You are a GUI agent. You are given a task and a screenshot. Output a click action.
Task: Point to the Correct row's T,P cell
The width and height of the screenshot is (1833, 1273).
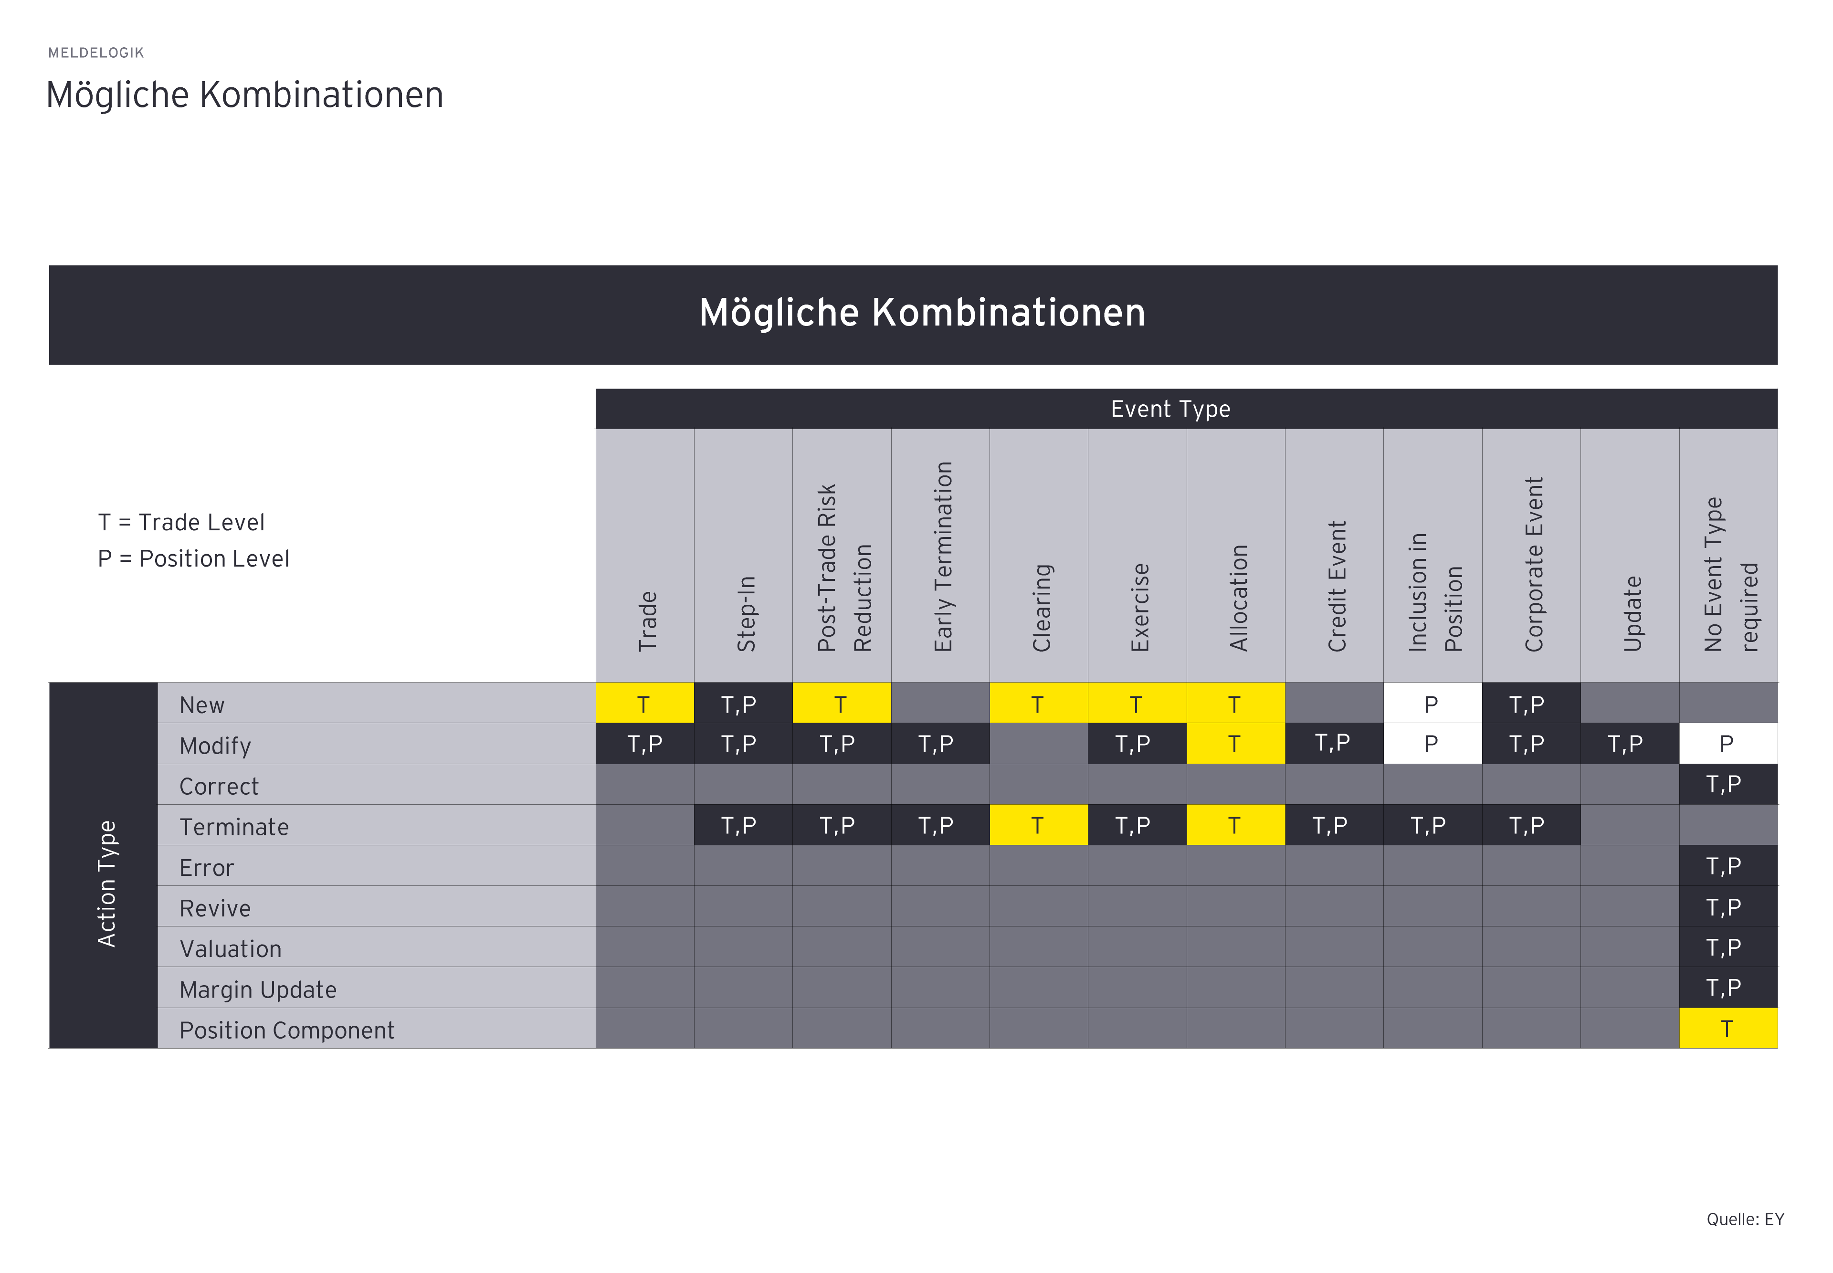1727,784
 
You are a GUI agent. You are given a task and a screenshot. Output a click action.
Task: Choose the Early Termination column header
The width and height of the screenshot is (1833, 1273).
942,556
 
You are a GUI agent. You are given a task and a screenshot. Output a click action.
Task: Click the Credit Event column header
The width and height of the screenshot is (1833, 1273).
1336,586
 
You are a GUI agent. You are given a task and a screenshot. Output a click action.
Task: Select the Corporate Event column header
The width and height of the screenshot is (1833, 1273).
1533,563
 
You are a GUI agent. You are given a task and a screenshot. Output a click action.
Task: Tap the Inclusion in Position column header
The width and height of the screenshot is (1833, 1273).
1434,592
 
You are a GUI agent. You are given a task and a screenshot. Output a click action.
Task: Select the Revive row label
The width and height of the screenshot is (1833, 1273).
215,908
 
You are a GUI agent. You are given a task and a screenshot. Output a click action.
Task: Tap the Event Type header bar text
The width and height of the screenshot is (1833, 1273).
1169,409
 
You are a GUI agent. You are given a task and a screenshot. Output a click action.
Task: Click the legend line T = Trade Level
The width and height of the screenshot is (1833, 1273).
181,523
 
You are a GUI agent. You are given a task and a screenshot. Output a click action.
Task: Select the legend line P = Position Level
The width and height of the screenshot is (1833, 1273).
193,558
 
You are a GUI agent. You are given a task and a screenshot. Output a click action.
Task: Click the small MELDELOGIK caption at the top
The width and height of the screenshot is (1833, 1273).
96,53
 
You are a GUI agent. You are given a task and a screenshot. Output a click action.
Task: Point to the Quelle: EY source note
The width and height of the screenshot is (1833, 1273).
1745,1219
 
